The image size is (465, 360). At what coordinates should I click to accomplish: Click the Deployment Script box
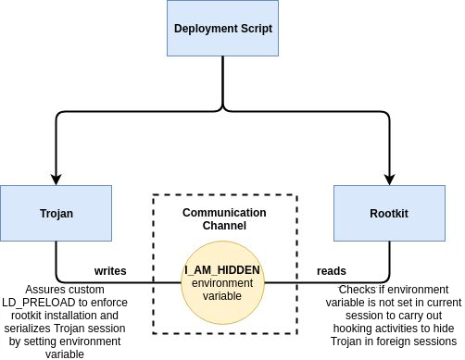coord(222,28)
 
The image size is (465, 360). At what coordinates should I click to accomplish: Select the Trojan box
coord(56,213)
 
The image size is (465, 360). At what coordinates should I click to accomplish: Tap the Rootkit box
coord(389,213)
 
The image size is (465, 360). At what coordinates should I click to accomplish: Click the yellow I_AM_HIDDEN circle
coord(222,282)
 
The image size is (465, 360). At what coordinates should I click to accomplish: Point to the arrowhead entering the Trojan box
coord(56,180)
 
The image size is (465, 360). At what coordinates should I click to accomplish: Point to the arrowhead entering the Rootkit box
coord(389,180)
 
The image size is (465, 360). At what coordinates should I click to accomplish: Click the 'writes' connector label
coord(110,271)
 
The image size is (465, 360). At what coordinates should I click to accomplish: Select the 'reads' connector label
coord(332,271)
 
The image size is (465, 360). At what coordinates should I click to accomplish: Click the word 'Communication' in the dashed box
coord(224,213)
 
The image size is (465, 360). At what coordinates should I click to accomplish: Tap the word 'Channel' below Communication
coord(224,226)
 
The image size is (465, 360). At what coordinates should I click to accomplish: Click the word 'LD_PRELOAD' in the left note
coord(39,303)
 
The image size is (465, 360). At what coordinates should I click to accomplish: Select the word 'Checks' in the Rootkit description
coord(358,290)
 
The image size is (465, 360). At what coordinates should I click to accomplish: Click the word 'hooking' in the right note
coord(353,329)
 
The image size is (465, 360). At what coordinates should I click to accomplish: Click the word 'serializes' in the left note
coord(28,329)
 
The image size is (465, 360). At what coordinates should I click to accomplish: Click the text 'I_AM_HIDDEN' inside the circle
coord(222,270)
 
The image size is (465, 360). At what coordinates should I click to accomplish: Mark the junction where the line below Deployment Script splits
coord(222,110)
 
